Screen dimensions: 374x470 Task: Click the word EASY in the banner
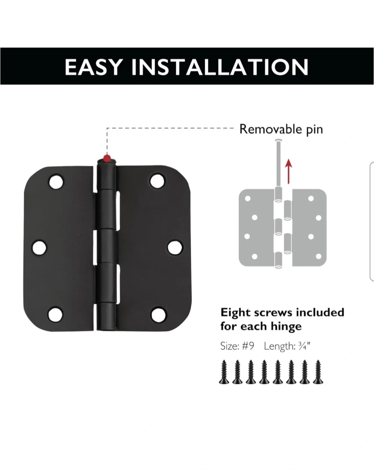point(93,67)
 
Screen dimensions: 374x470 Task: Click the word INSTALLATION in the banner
point(220,67)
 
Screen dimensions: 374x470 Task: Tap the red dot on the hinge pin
point(107,158)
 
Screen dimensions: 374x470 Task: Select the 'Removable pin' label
point(281,129)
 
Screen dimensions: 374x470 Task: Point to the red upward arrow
point(289,171)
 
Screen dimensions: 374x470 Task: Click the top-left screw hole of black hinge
point(56,182)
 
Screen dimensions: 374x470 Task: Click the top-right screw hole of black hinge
point(157,181)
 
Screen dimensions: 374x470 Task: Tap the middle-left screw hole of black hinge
point(39,248)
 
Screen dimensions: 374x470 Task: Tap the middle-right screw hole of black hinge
point(175,247)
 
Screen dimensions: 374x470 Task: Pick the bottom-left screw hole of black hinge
point(55,315)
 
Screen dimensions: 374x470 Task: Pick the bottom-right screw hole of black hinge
point(159,315)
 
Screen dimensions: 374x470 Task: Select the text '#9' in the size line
point(248,346)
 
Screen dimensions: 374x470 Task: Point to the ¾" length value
point(304,346)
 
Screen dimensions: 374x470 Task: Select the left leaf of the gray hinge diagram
point(256,228)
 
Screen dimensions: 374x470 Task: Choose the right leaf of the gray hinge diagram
point(309,228)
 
